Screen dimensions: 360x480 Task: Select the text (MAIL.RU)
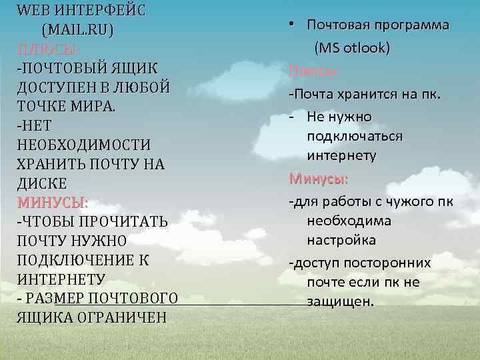tap(77, 30)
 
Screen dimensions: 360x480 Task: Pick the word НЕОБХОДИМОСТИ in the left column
tap(83, 145)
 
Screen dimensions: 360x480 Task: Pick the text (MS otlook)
tap(352, 48)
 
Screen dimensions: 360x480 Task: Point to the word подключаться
tap(355, 137)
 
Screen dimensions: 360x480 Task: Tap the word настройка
tap(341, 240)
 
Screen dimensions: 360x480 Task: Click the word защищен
tap(341, 301)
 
